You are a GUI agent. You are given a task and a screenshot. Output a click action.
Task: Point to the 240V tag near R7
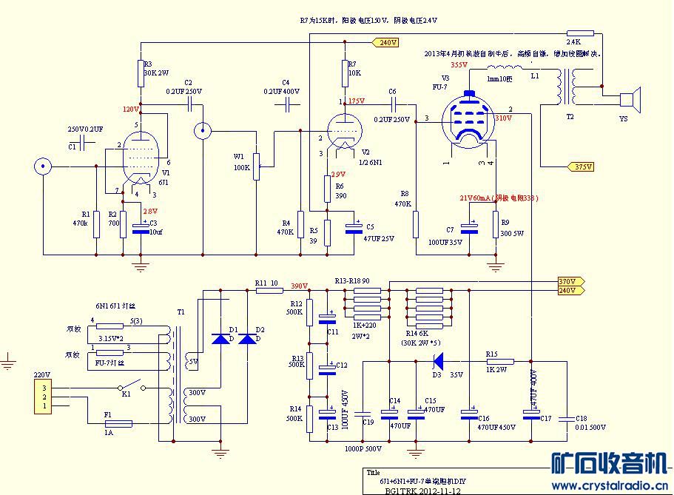386,43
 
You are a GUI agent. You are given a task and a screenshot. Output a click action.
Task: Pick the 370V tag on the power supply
570,282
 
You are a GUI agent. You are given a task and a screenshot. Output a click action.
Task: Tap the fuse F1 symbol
115,423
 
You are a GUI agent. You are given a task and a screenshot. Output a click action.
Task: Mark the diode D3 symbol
437,362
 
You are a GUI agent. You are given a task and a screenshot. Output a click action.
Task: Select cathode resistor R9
495,224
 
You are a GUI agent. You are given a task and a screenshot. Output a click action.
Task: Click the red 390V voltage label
299,286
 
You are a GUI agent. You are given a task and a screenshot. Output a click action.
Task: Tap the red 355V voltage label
459,65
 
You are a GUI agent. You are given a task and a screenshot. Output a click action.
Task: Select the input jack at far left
44,166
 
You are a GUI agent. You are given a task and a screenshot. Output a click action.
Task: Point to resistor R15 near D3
497,362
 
